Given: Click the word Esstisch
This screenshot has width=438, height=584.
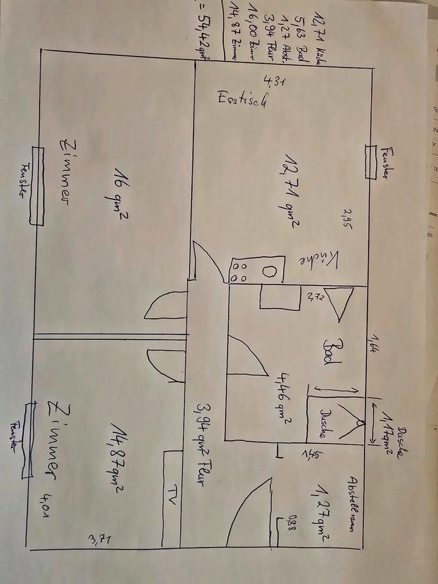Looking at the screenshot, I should (x=242, y=102).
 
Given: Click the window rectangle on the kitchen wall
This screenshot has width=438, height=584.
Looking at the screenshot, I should (x=370, y=162).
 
